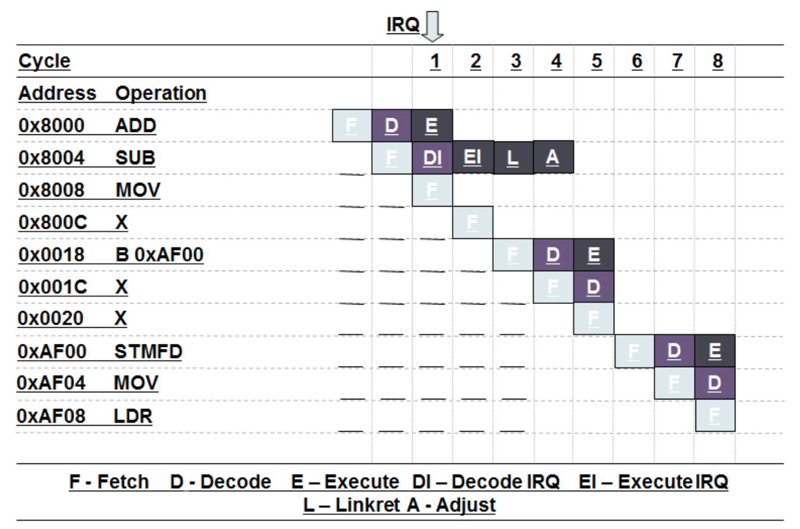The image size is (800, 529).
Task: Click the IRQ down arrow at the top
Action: [x=433, y=27]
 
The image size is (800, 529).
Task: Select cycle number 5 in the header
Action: [x=596, y=61]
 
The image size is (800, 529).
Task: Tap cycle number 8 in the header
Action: [x=718, y=61]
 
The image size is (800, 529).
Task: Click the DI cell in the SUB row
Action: [x=432, y=158]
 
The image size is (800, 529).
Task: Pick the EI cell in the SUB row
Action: [x=473, y=158]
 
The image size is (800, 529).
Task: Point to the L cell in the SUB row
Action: [x=513, y=158]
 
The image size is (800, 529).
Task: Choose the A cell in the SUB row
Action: [x=553, y=158]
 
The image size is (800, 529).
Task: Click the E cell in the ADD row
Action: [x=432, y=125]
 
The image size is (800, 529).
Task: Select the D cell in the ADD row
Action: [x=392, y=125]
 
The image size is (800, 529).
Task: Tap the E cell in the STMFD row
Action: [x=715, y=352]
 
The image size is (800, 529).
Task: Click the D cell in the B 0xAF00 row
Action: [x=553, y=254]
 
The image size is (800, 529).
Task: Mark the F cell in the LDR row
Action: [x=715, y=416]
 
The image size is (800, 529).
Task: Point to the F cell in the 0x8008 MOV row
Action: [x=432, y=190]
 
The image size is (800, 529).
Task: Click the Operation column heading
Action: [x=161, y=94]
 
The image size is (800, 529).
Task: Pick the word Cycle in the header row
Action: [x=44, y=61]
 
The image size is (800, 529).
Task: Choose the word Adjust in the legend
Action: [x=466, y=505]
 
